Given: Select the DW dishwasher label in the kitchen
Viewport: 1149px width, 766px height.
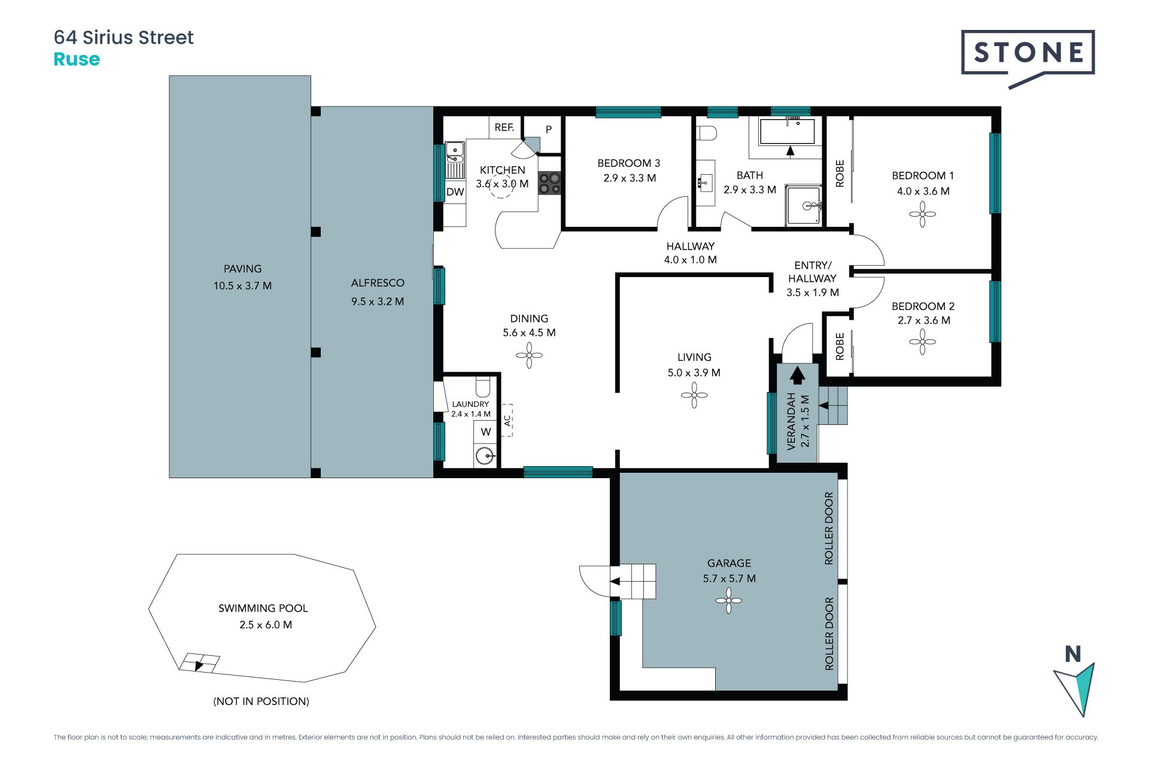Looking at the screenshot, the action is point(455,192).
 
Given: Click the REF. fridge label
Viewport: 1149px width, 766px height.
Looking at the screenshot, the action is point(504,127).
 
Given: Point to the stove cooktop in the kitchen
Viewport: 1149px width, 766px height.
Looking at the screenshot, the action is point(549,183).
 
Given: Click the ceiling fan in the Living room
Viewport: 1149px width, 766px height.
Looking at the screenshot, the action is point(694,395).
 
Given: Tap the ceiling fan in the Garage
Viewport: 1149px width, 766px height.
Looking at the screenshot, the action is point(729,600).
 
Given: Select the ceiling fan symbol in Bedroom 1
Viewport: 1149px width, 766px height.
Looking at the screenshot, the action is point(922,214).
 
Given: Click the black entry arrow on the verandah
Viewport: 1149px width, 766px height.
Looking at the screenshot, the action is point(797,375).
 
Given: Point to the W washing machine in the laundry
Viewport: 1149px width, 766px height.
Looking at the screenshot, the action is point(485,431).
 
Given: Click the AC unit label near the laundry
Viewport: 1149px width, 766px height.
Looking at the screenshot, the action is point(507,420).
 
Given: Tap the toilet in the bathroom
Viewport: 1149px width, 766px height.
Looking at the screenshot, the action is point(707,132).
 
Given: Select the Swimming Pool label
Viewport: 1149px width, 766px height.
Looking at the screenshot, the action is point(263,608).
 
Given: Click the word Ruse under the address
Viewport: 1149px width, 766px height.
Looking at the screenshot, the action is point(77,59).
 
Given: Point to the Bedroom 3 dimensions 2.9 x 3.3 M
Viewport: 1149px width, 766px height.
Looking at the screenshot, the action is point(630,178).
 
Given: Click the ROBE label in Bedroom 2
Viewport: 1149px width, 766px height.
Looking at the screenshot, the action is point(840,346).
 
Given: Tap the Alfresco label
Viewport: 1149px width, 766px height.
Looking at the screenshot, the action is point(378,282).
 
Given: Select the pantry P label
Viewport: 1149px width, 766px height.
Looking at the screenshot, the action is point(548,129).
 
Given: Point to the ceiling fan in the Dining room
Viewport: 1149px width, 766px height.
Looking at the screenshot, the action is point(529,355).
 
